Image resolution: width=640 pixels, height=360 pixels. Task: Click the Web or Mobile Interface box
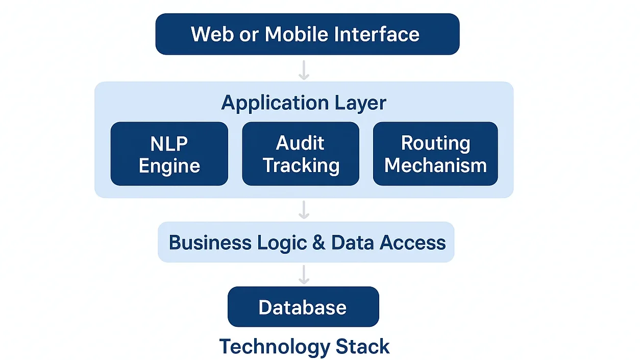307,34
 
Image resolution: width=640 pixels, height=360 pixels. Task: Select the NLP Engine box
169,154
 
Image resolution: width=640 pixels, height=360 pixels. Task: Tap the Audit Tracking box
301,154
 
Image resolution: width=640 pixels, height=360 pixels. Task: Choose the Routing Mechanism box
435,154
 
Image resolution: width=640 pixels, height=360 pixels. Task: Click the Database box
303,307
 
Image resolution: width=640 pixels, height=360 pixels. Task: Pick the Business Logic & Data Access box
306,242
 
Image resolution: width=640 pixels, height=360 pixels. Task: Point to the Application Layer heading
304,103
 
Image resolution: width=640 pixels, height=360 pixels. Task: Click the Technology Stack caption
304,347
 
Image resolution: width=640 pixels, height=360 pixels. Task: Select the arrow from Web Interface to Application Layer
304,70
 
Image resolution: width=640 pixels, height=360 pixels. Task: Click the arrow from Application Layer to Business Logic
304,209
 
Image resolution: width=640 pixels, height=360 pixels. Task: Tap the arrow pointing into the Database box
304,274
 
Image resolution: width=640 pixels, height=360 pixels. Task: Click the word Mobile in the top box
297,34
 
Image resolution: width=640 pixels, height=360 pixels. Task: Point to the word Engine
169,166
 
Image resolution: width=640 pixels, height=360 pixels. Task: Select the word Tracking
301,166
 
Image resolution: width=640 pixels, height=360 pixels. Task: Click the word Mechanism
435,165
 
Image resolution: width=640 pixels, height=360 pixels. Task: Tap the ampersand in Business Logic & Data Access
318,242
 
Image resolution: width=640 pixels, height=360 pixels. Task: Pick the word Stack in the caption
362,347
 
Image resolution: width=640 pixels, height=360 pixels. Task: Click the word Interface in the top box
377,34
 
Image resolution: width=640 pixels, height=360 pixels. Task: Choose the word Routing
435,143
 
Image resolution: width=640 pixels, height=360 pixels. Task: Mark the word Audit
300,143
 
